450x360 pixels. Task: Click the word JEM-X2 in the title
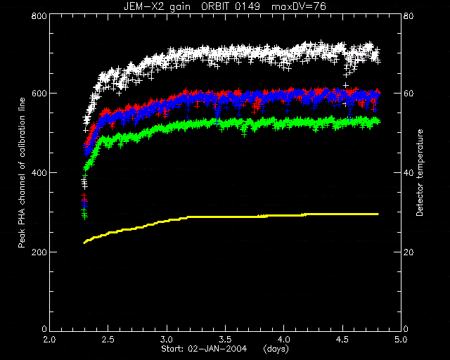pyautogui.click(x=141, y=6)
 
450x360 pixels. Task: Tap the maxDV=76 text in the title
pyautogui.click(x=298, y=6)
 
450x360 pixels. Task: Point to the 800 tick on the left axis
pyautogui.click(x=39, y=15)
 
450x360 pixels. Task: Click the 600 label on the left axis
pyautogui.click(x=39, y=94)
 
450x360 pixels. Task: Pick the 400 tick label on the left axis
pyautogui.click(x=39, y=172)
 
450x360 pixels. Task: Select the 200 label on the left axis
pyautogui.click(x=39, y=252)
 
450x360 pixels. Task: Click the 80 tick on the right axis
pyautogui.click(x=409, y=15)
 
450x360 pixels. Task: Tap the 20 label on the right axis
pyautogui.click(x=409, y=252)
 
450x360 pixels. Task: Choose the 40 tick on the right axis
pyautogui.click(x=409, y=172)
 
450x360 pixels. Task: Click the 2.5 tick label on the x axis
pyautogui.click(x=108, y=340)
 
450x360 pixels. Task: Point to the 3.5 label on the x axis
pyautogui.click(x=225, y=340)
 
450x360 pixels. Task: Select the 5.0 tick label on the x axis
pyautogui.click(x=401, y=340)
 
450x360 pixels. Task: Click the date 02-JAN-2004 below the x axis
pyautogui.click(x=217, y=349)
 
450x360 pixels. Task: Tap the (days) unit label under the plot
pyautogui.click(x=276, y=349)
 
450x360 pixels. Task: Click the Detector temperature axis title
pyautogui.click(x=420, y=172)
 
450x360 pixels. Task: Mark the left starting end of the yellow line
pyautogui.click(x=84, y=243)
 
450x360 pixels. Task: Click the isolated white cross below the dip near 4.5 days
pyautogui.click(x=346, y=85)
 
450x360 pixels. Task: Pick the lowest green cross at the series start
pyautogui.click(x=84, y=217)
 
